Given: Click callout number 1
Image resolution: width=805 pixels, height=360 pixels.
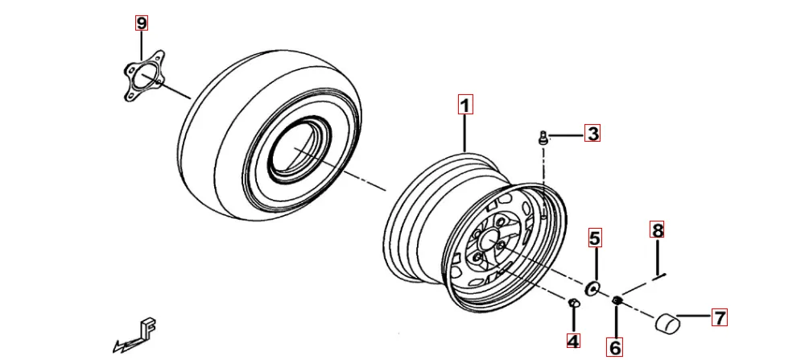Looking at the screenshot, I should tap(465, 105).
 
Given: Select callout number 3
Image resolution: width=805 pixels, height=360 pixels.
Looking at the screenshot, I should tap(592, 134).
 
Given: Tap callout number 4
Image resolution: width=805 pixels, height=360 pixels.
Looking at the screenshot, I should tap(572, 341).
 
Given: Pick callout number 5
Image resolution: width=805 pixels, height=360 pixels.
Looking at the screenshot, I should tap(595, 238).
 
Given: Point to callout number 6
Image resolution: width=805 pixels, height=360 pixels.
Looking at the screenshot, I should tap(615, 347).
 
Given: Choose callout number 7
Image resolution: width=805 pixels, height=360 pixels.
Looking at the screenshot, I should tap(719, 317).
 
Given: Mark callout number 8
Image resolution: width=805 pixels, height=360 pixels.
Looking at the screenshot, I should tap(658, 230).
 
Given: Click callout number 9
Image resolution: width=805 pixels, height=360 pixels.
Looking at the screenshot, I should tap(142, 23).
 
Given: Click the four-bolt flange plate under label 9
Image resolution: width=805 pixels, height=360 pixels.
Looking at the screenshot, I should tap(143, 77).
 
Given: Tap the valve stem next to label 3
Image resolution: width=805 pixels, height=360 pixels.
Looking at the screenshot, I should tap(543, 139).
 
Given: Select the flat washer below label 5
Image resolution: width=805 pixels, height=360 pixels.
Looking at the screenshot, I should tap(594, 287).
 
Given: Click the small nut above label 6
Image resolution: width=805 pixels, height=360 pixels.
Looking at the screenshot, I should tap(617, 300).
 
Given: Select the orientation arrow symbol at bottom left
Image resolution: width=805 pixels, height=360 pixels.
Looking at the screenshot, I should tap(137, 335).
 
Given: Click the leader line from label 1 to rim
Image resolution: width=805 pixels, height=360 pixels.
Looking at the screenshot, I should tap(465, 133).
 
